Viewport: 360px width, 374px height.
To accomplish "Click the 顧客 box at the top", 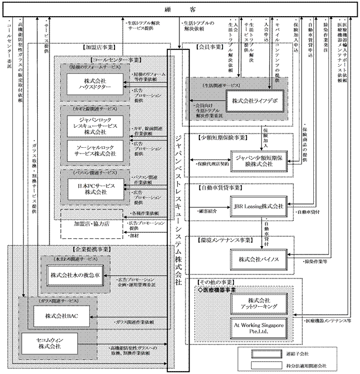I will pyautogui.click(x=180, y=9).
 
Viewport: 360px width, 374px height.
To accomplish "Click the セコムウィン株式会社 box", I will pyautogui.click(x=49, y=343).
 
